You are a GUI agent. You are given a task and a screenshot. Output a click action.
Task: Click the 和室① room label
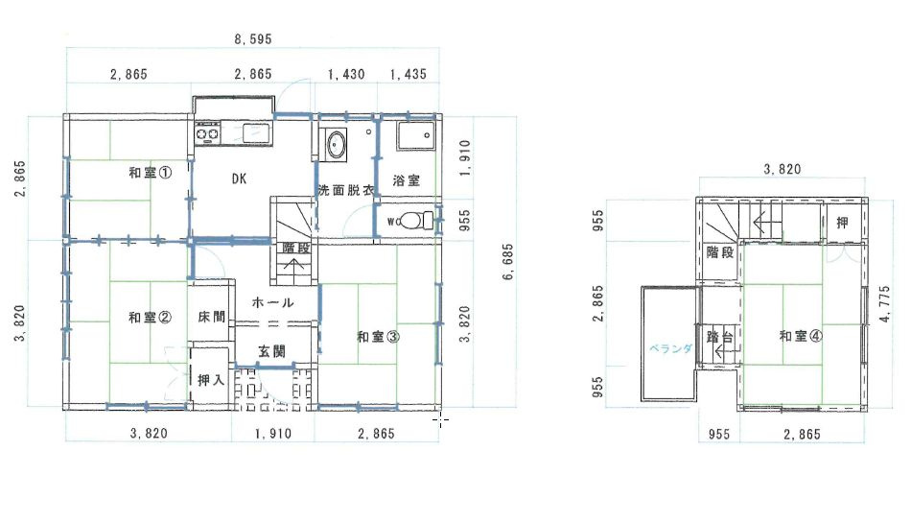(x=151, y=174)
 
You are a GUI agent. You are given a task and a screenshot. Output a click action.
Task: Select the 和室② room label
(x=151, y=318)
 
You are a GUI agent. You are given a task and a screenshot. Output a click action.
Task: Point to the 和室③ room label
(x=378, y=336)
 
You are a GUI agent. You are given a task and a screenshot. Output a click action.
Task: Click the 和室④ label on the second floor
(x=800, y=336)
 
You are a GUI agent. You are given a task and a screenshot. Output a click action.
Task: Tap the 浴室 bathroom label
(x=407, y=180)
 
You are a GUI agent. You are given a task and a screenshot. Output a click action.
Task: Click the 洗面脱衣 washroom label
(x=345, y=189)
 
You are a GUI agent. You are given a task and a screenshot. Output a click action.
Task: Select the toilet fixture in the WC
(x=412, y=221)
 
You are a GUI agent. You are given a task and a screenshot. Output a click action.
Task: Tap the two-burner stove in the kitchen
(x=208, y=134)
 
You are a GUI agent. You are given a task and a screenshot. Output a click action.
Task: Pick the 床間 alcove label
(x=212, y=317)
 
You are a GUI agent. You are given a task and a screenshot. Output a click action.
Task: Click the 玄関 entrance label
(x=271, y=352)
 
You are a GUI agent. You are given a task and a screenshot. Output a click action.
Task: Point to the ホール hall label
(x=272, y=302)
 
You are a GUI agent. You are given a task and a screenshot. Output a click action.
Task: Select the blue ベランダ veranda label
(x=667, y=348)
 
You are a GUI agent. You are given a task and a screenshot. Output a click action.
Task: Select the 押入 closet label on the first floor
(x=211, y=380)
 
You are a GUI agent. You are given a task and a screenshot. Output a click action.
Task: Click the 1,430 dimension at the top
(x=345, y=75)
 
